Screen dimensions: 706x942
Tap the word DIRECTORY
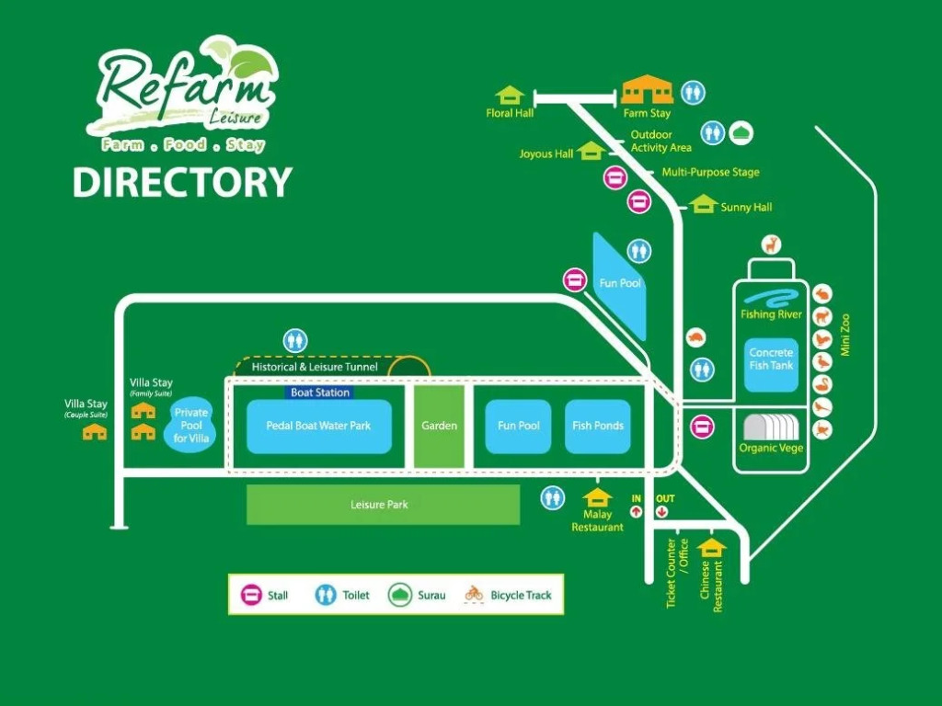click(x=182, y=182)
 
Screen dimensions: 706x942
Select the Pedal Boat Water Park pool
click(x=318, y=427)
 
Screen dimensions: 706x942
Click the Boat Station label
click(x=320, y=393)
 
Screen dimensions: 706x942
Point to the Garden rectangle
click(x=439, y=426)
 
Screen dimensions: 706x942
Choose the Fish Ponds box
click(x=597, y=426)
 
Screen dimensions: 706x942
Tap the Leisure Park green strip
click(x=382, y=505)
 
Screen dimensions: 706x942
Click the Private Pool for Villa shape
click(x=191, y=426)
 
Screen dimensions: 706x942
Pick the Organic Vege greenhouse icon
click(x=771, y=428)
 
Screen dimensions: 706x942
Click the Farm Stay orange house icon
click(x=647, y=91)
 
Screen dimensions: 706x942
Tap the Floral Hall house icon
click(x=509, y=95)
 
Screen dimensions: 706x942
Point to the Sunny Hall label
click(x=746, y=208)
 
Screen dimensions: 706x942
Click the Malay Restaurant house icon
click(x=598, y=497)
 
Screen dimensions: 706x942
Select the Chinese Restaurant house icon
click(x=711, y=548)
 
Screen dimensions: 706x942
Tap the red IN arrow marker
click(x=636, y=512)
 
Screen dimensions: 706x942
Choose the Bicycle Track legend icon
click(x=474, y=594)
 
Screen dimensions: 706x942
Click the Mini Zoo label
click(x=845, y=335)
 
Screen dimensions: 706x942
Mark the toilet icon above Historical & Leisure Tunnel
click(x=295, y=340)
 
